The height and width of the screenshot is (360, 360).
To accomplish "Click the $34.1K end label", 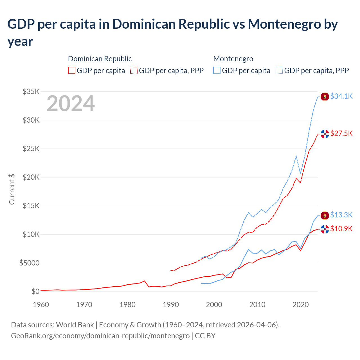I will (341, 96).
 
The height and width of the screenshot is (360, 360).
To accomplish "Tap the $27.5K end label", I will (341, 133).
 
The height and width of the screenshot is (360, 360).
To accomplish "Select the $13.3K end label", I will (341, 215).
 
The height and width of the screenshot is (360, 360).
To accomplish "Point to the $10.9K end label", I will (341, 229).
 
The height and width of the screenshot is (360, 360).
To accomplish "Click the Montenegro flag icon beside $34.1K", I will (325, 97).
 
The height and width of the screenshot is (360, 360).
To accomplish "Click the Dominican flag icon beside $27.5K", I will (325, 134).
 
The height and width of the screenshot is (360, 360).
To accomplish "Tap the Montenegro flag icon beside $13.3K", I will (325, 215).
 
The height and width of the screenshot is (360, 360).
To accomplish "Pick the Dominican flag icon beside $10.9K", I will (325, 229).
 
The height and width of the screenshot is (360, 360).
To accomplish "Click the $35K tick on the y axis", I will (31, 91).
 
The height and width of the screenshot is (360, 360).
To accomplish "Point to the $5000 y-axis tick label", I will (29, 263).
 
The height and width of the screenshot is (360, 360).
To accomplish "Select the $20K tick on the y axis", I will (31, 177).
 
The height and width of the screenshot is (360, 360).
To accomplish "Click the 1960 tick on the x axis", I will (41, 305).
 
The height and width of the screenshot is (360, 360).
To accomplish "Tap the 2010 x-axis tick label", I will (257, 305).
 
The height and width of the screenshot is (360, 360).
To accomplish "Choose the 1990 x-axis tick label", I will (171, 305).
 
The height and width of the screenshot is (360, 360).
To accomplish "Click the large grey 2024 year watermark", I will (71, 103).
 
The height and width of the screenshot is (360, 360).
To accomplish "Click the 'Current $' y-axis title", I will (12, 189).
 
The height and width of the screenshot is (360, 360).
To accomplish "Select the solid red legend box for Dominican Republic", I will (72, 70).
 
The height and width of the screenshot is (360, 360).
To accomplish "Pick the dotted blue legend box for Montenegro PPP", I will (279, 70).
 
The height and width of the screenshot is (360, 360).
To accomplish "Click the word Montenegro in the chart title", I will (284, 24).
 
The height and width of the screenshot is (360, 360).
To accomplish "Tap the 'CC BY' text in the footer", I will (205, 336).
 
